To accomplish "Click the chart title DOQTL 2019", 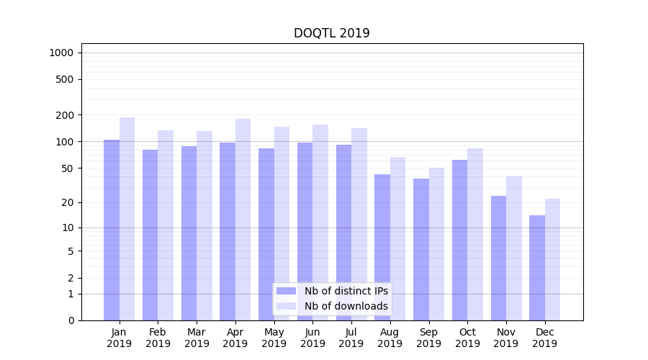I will point(331,33).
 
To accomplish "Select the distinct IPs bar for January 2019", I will point(112,230).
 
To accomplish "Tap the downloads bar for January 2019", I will point(127,219).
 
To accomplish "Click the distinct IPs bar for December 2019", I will point(537,268).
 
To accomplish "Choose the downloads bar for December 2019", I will point(552,259).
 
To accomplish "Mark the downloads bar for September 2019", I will point(436,244).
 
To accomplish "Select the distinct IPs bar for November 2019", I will point(498,258).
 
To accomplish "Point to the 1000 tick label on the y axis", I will point(61,53).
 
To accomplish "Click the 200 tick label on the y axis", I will point(65,115).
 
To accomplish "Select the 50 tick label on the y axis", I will point(67,168).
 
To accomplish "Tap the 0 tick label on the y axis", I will point(71,320).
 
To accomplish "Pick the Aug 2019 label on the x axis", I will point(390,338).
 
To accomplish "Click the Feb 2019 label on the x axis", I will point(158,338).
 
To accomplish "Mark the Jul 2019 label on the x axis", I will point(351,338).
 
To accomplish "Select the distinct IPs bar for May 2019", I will point(266,234).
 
